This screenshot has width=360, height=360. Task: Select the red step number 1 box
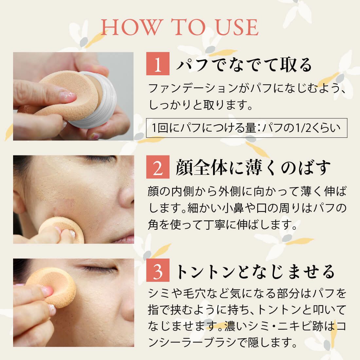158,63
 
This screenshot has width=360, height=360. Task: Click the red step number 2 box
158,167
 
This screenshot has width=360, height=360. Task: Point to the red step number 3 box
158,270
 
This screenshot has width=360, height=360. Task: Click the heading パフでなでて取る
244,64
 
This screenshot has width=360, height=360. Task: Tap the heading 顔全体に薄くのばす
253,167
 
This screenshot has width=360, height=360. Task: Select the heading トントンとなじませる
255,272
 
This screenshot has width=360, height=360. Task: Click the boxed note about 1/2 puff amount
246,128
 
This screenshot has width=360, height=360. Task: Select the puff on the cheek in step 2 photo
62,230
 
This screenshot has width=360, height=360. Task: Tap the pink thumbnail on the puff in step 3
47,290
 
